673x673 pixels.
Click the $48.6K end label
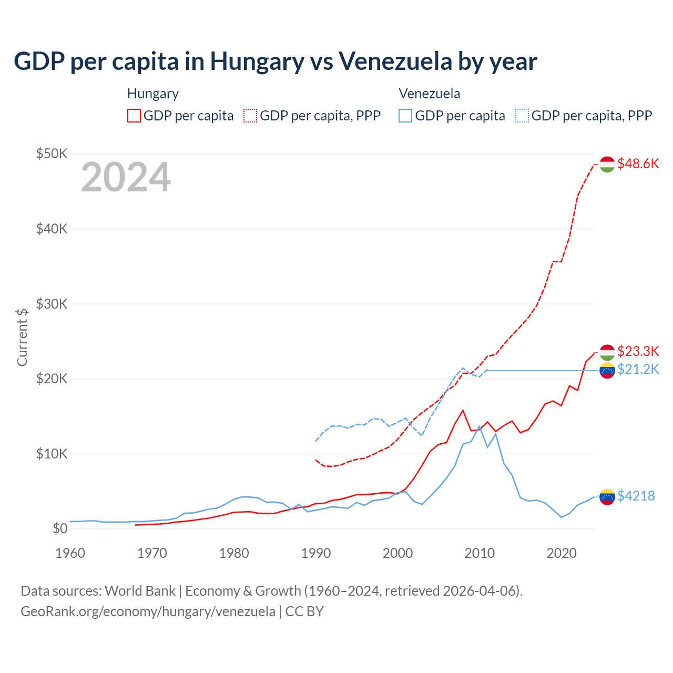point(638,164)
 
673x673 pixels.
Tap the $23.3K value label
point(638,351)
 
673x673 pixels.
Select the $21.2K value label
point(638,369)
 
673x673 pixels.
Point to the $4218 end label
point(636,496)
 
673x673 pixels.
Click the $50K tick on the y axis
point(52,154)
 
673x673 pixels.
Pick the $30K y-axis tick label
point(52,304)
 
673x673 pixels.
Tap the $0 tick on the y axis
point(60,528)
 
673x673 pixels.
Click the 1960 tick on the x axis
point(70,553)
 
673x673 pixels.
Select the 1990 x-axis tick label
point(316,553)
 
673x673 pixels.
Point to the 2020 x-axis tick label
point(562,553)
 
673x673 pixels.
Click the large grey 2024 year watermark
point(126,177)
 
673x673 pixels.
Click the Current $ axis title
point(22,337)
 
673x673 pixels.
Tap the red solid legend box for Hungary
point(134,116)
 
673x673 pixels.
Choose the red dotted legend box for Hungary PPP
point(251,116)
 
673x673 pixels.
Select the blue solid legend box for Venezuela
point(405,116)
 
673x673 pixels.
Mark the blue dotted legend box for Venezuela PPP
point(522,116)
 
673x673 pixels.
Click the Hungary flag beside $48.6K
point(607,164)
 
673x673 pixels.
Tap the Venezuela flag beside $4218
point(607,496)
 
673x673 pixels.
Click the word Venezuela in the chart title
point(395,61)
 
